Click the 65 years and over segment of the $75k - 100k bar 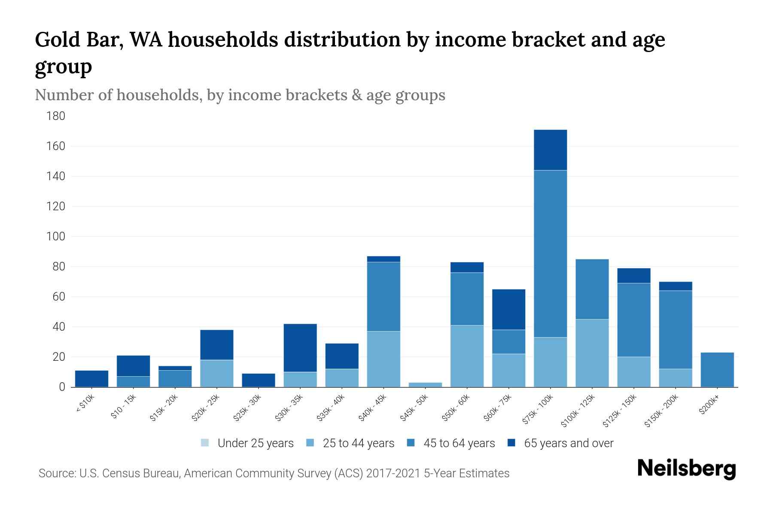tap(550, 150)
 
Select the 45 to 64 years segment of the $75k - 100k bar tap(550, 254)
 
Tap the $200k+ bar tap(717, 370)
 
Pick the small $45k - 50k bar tap(425, 384)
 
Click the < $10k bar tap(91, 378)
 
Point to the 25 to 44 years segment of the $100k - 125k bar tap(592, 353)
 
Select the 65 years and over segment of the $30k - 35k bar tap(300, 347)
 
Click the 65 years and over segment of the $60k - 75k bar tap(508, 310)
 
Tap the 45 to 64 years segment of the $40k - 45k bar tap(383, 297)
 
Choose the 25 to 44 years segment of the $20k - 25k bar tap(216, 373)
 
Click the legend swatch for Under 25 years tap(205, 443)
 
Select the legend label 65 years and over tap(569, 443)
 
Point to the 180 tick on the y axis tap(56, 116)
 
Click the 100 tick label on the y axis tap(56, 236)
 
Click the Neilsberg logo tap(686, 469)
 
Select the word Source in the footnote tap(55, 473)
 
